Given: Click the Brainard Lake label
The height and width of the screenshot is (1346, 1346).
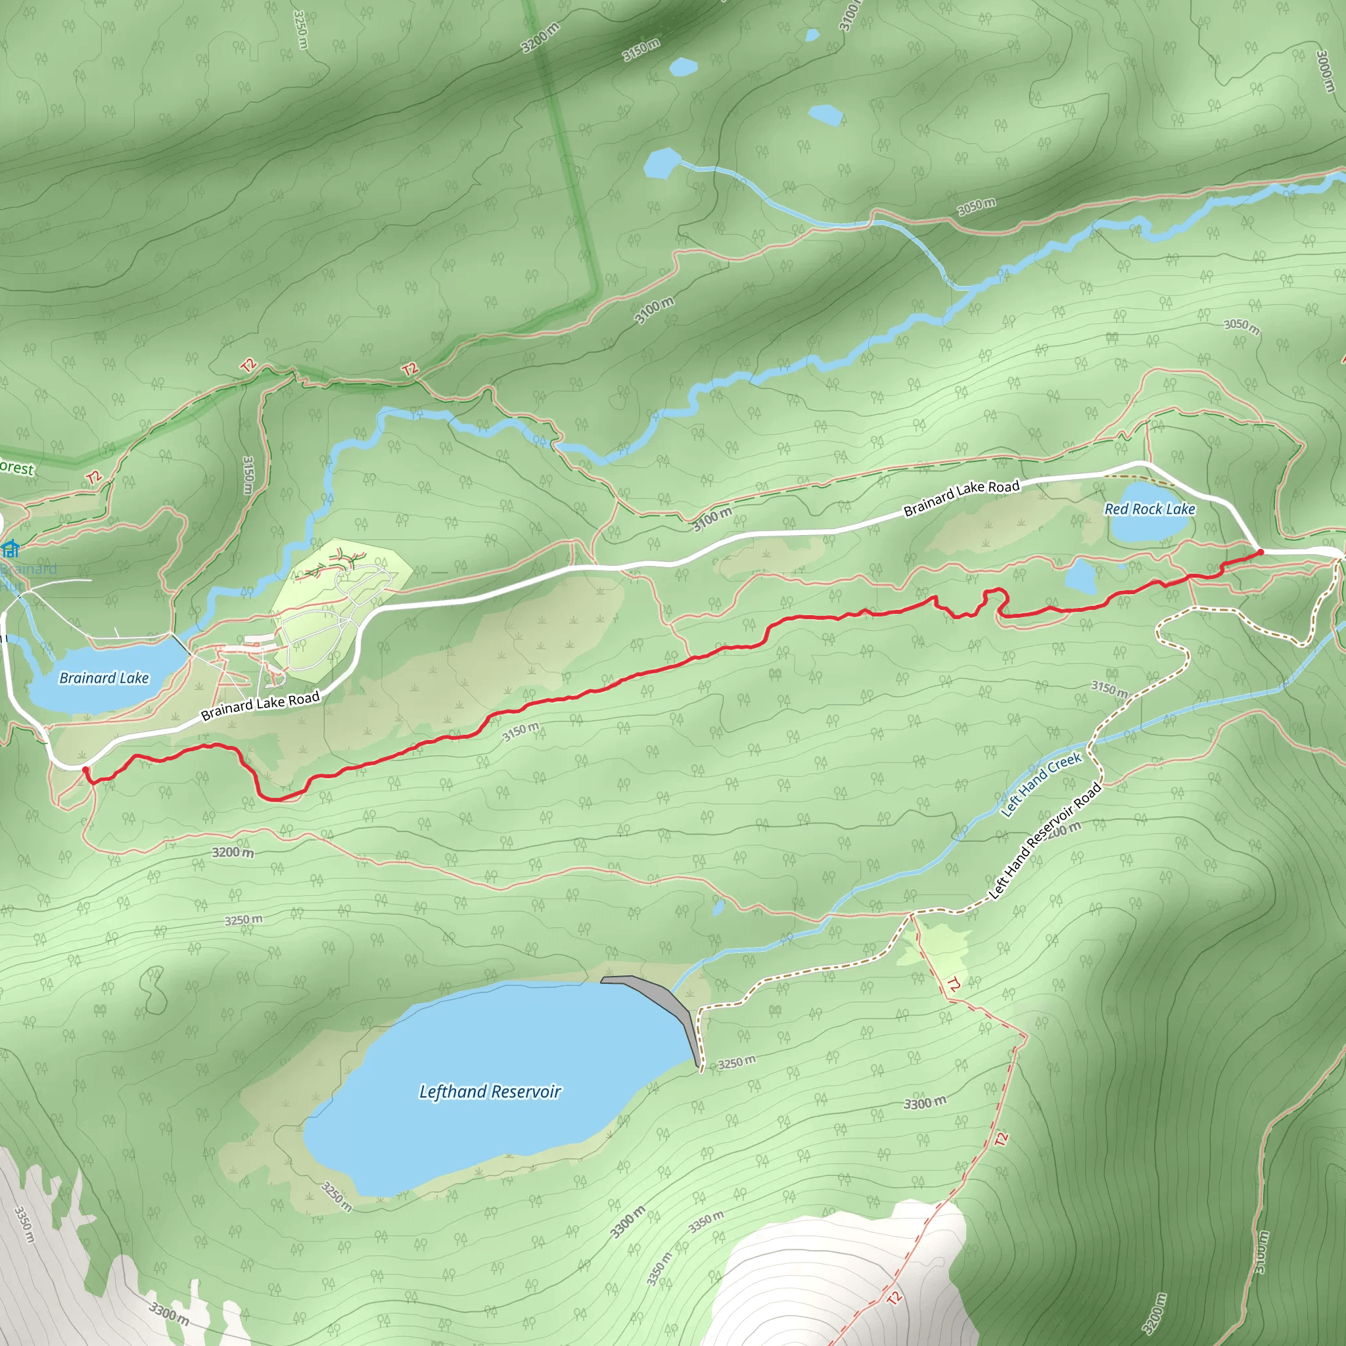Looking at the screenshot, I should (104, 678).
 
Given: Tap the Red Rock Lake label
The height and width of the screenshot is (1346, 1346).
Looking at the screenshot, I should (1149, 509).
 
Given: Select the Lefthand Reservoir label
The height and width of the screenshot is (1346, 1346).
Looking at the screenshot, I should (490, 1092).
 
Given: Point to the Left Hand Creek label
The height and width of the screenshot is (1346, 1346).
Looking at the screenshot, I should (1041, 784).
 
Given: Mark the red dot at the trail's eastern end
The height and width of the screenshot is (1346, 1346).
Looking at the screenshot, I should (1261, 553).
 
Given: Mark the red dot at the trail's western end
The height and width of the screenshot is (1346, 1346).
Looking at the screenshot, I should (85, 769).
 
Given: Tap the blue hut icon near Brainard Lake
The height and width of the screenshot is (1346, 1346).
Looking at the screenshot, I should (11, 549).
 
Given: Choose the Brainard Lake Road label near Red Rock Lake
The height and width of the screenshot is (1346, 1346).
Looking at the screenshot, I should (962, 498).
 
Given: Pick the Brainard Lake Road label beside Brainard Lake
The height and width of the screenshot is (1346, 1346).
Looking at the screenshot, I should (260, 705).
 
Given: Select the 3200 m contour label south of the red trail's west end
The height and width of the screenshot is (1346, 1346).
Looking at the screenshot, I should (233, 852).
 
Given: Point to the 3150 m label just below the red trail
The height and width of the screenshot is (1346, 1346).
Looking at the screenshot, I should (521, 731).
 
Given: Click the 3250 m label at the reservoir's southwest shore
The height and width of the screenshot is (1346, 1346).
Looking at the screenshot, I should (336, 1196).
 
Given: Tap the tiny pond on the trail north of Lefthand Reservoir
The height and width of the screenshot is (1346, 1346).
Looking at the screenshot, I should (718, 906).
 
